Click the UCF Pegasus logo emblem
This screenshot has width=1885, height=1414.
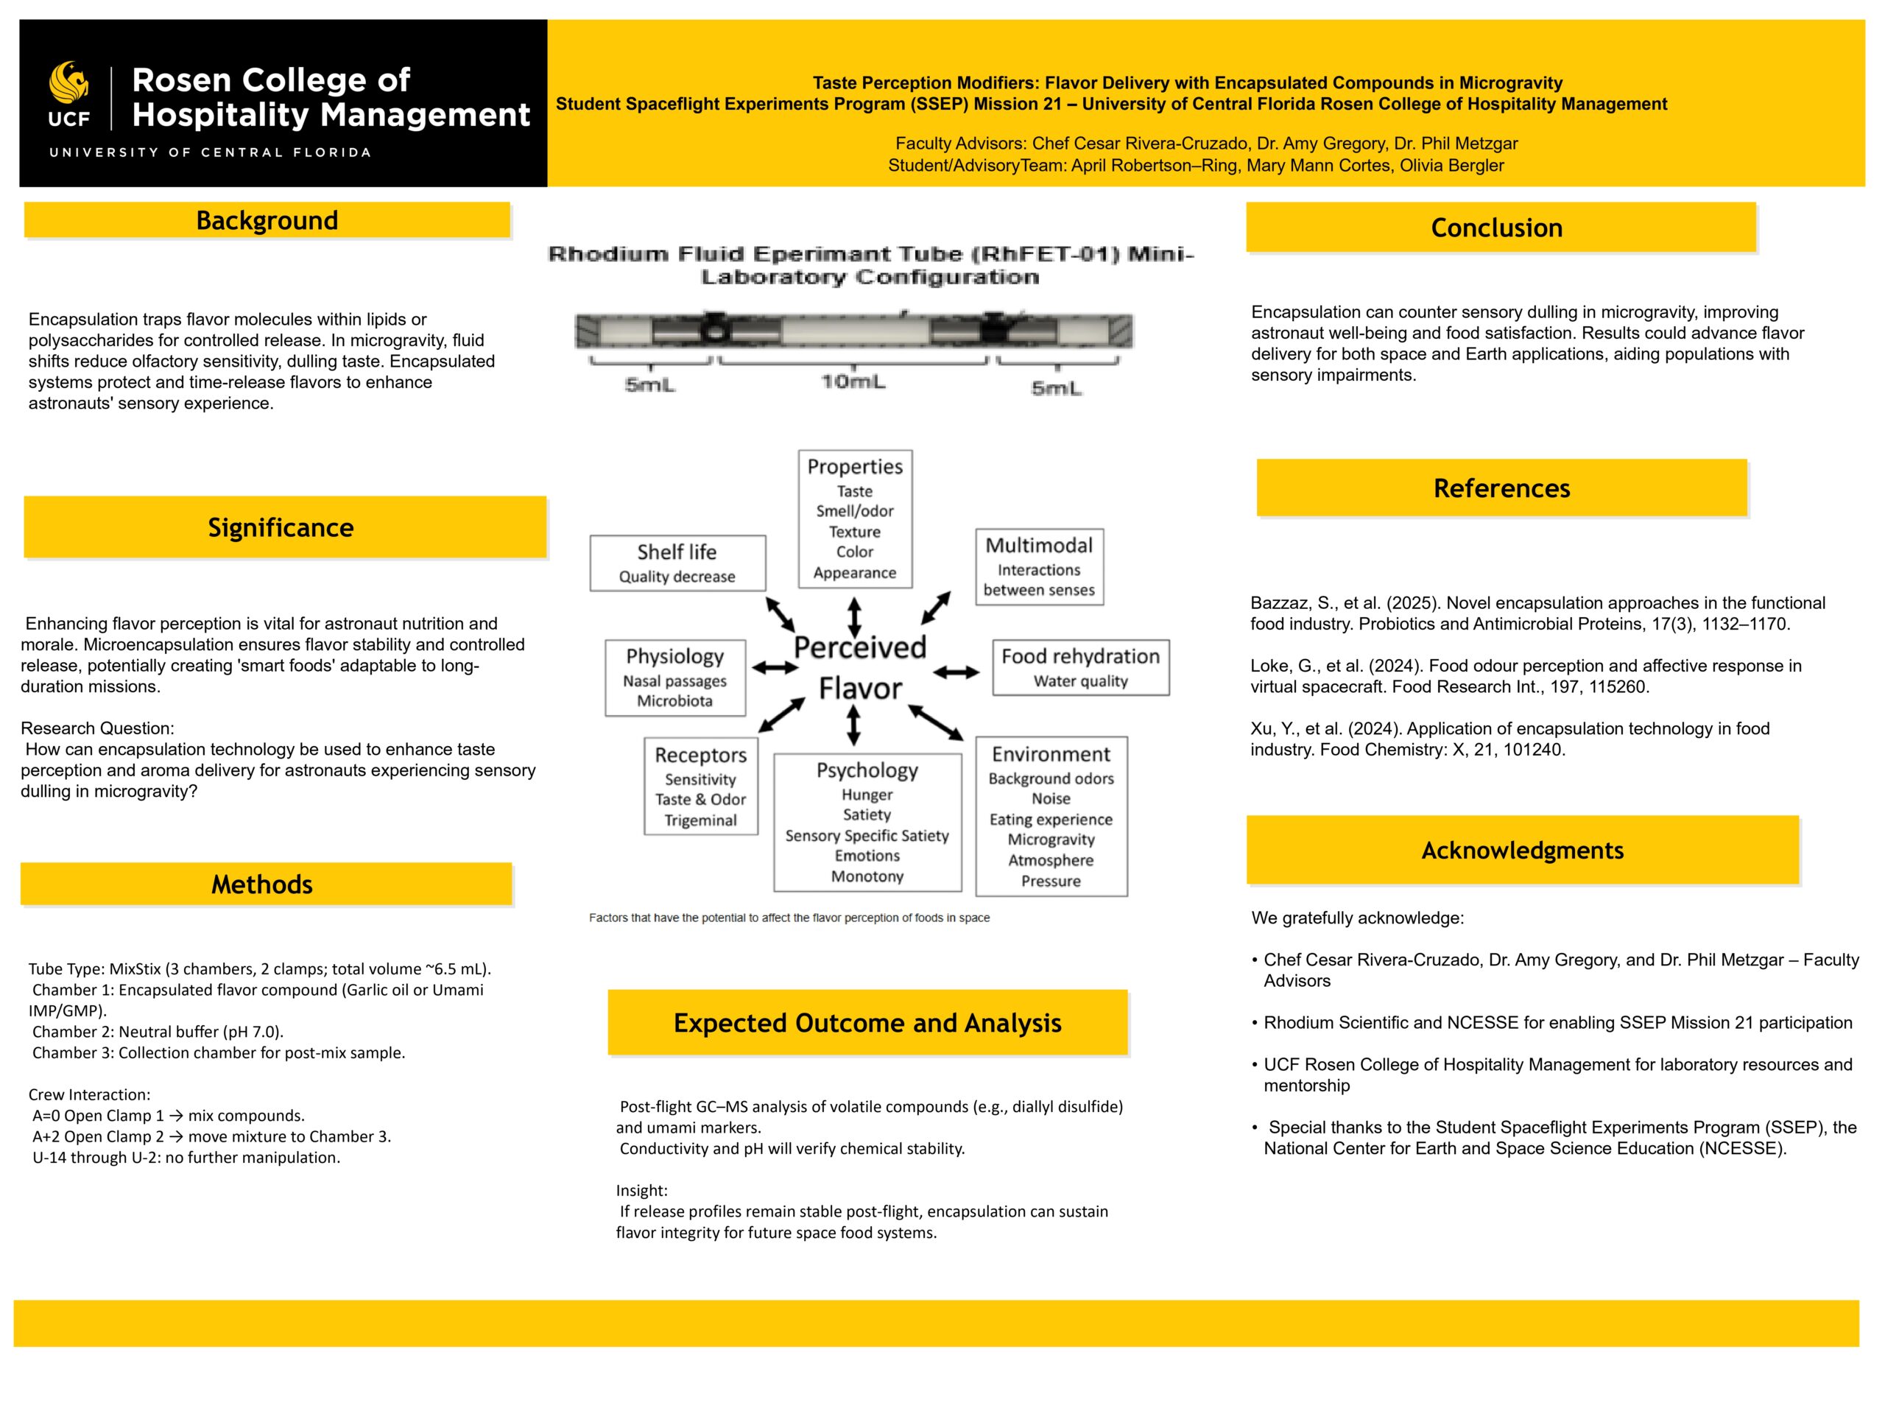click(x=69, y=82)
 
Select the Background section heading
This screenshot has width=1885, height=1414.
click(x=267, y=220)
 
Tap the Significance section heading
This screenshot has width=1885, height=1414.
click(x=281, y=527)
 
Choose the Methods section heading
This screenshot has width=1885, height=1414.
click(x=262, y=884)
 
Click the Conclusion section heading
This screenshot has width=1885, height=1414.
click(x=1496, y=228)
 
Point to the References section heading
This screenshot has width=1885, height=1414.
click(x=1501, y=488)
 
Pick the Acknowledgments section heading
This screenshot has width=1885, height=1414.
click(x=1522, y=850)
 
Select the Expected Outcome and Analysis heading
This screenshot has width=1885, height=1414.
click(x=867, y=1023)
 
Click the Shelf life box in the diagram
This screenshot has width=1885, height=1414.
click(x=677, y=563)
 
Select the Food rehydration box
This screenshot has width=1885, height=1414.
click(x=1080, y=667)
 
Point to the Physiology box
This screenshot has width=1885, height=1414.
click(x=675, y=678)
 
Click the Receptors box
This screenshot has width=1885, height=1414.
click(x=700, y=786)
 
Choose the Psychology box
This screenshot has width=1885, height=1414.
click(x=867, y=822)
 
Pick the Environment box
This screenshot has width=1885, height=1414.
click(x=1051, y=816)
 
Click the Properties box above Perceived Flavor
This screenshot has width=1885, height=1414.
click(x=855, y=518)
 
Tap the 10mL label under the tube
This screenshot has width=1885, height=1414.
click(x=853, y=381)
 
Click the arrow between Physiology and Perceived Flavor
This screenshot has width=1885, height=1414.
click(x=775, y=668)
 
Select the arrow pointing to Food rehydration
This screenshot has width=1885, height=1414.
click(x=956, y=672)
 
